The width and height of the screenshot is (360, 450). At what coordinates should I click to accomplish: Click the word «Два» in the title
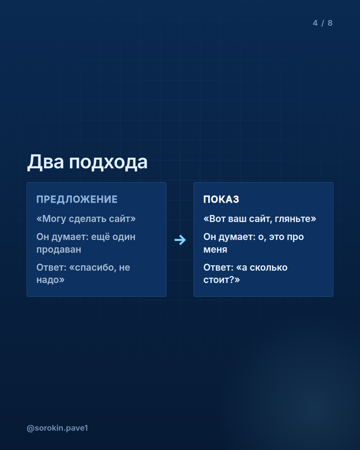pyautogui.click(x=45, y=162)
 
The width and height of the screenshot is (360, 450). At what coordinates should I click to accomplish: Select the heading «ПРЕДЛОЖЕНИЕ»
pyautogui.click(x=77, y=199)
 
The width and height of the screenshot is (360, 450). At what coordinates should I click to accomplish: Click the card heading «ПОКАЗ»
pyautogui.click(x=221, y=199)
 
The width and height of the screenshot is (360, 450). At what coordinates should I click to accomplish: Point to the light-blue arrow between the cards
pyautogui.click(x=180, y=240)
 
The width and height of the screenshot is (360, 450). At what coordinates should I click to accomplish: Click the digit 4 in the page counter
pyautogui.click(x=315, y=23)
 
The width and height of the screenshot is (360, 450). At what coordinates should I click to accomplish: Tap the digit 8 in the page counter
pyautogui.click(x=330, y=23)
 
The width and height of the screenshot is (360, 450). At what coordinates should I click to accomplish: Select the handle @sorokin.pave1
pyautogui.click(x=57, y=428)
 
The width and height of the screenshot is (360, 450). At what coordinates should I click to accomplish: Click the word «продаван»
pyautogui.click(x=59, y=249)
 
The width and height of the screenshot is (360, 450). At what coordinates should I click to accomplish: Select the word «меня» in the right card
pyautogui.click(x=215, y=250)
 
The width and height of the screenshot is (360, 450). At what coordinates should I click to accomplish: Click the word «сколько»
pyautogui.click(x=269, y=267)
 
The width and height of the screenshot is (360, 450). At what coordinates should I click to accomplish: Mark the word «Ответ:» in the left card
pyautogui.click(x=51, y=267)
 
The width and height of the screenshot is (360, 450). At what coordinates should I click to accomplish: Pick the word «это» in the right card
pyautogui.click(x=276, y=237)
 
